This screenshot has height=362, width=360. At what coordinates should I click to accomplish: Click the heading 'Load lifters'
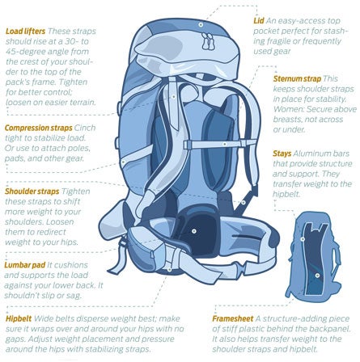click(25, 32)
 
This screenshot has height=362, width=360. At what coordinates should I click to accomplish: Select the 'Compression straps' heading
click(39, 128)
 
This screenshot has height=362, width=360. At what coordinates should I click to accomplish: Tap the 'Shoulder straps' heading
click(32, 192)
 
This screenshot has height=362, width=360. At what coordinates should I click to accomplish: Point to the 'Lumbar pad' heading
click(25, 265)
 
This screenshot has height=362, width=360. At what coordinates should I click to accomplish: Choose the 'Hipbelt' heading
click(19, 318)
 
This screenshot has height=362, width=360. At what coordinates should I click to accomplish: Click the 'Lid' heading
click(259, 21)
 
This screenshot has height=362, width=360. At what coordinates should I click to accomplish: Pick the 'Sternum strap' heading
click(297, 78)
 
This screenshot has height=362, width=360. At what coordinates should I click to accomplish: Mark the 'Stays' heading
click(282, 154)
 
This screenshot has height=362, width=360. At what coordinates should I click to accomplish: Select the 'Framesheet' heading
click(233, 318)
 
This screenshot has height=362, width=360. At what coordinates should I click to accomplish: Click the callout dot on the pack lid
click(201, 25)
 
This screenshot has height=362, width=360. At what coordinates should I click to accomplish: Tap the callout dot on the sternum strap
click(224, 145)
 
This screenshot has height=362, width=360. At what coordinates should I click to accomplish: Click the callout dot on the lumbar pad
click(193, 231)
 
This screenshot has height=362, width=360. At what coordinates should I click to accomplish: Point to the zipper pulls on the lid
click(208, 41)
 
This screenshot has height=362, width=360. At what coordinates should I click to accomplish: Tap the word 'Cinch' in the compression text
click(85, 128)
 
